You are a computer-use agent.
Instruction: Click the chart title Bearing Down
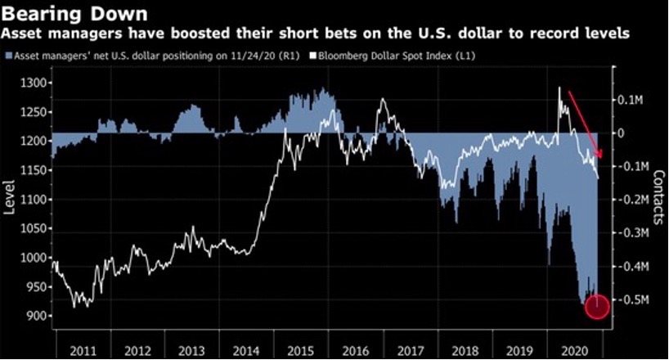pos(75,15)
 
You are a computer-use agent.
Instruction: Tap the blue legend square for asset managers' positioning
pos(7,56)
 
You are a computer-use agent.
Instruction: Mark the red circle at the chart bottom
pos(597,306)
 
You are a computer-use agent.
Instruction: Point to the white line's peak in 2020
pos(560,88)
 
